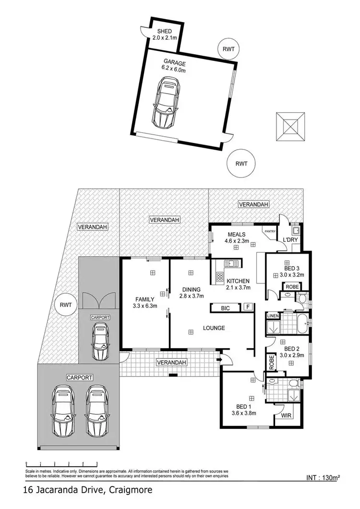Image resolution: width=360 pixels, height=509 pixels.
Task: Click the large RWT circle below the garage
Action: click(x=241, y=163)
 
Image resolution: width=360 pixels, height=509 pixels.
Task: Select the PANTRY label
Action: click(x=269, y=231)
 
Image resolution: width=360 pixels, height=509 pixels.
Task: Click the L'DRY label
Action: click(x=290, y=239)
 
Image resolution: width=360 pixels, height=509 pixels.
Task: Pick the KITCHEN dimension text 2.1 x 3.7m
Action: click(x=238, y=288)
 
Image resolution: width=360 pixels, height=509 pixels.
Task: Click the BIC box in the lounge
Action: click(x=225, y=308)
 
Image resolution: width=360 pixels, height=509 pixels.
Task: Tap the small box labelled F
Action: click(x=248, y=307)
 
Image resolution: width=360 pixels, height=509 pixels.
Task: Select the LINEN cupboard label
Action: click(x=272, y=316)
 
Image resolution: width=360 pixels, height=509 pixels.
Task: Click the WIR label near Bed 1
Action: click(x=286, y=415)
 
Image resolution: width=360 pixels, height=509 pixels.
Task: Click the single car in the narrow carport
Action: click(x=100, y=342)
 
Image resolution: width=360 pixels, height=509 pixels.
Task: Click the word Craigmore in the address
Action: click(x=131, y=490)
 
